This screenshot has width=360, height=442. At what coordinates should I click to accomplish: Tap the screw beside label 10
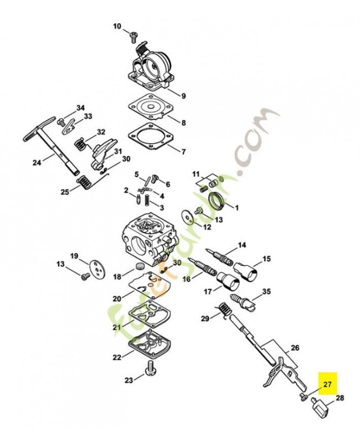[133, 36]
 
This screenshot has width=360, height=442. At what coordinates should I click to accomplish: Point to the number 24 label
[37, 162]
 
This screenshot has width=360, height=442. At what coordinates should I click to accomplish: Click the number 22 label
[117, 357]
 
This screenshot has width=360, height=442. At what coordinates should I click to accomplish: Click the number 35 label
[266, 292]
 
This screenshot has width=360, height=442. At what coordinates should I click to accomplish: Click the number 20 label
[117, 299]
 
